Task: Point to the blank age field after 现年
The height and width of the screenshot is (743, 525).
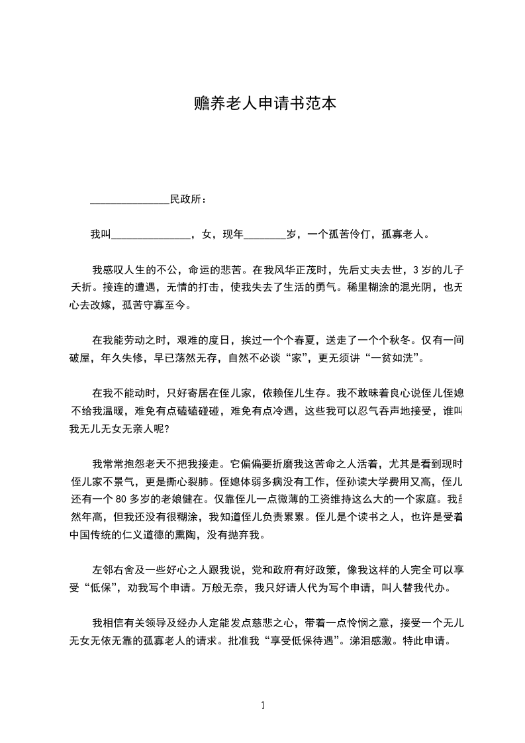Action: point(265,234)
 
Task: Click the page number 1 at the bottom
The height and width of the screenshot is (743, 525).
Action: point(263,705)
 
